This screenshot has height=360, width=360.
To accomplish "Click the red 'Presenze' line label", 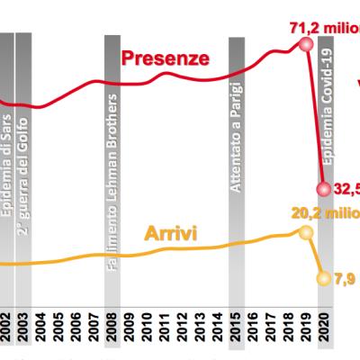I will [x=166, y=59].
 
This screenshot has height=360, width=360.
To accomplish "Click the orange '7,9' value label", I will [x=346, y=277].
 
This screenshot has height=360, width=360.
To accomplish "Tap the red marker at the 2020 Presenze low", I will [x=324, y=189].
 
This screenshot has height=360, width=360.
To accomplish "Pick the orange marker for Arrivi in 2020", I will [x=324, y=277].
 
